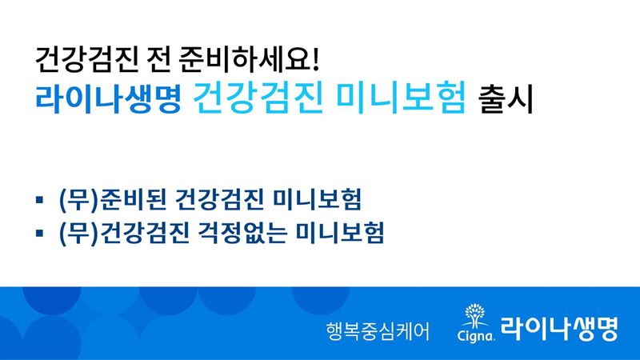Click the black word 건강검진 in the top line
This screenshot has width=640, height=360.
(x=87, y=59)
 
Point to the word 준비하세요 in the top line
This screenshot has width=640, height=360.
(x=243, y=59)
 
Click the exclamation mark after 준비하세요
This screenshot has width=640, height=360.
(x=314, y=59)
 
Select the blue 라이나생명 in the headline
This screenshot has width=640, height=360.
(x=108, y=98)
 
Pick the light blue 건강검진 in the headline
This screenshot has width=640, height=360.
(x=258, y=98)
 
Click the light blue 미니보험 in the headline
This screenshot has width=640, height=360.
(x=401, y=98)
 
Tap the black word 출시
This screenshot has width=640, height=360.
(x=506, y=99)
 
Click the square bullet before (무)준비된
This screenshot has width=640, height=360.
(x=39, y=199)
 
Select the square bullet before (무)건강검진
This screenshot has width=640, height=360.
(x=39, y=233)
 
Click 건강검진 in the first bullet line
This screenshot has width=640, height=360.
(x=218, y=199)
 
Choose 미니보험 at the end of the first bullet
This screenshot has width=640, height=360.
(x=317, y=199)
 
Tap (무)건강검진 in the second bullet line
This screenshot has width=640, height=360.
(x=124, y=233)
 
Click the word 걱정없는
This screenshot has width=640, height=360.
(x=242, y=233)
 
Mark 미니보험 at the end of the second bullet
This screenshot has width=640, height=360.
(x=340, y=233)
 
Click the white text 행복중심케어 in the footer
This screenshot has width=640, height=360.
(x=378, y=330)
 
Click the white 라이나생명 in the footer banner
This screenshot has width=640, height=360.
(x=559, y=328)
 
